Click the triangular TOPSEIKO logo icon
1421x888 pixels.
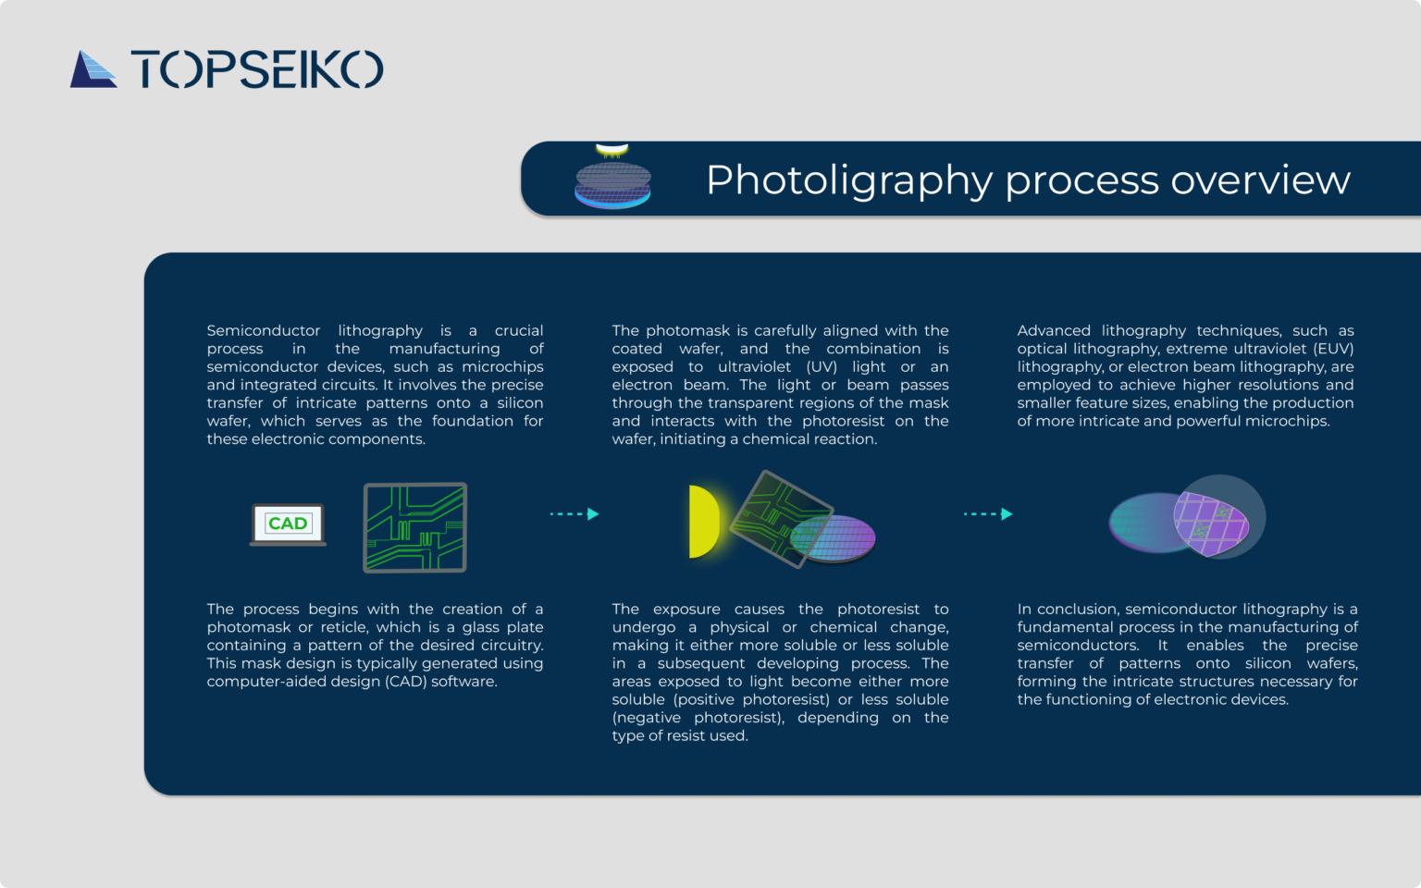coord(93,69)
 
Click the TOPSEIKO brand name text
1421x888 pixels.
coord(257,69)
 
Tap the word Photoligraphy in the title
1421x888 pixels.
coord(849,180)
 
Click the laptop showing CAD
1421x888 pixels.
coord(288,524)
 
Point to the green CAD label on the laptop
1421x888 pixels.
coord(288,524)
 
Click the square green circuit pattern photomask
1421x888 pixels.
coord(414,527)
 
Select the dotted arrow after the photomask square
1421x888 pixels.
coord(575,513)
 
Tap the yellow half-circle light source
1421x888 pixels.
coord(703,522)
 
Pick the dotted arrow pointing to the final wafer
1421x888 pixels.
coord(988,513)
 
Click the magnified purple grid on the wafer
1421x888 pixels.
coord(1210,523)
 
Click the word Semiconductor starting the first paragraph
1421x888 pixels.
coord(263,331)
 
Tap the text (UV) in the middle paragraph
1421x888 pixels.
coord(822,367)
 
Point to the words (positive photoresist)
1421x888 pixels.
coord(751,700)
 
